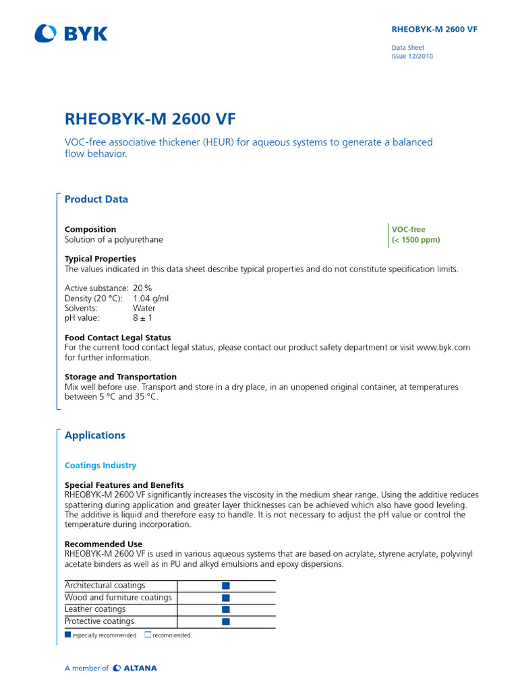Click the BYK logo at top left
pyautogui.click(x=71, y=33)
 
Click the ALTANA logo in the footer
pyautogui.click(x=135, y=668)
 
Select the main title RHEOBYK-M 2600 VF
pyautogui.click(x=150, y=119)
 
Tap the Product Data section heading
pyautogui.click(x=96, y=199)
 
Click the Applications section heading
pyautogui.click(x=94, y=435)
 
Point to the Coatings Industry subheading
pyautogui.click(x=100, y=466)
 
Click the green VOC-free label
pyautogui.click(x=408, y=230)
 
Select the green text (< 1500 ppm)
pyautogui.click(x=415, y=240)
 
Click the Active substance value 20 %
pyautogui.click(x=142, y=288)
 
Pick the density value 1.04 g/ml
pyautogui.click(x=150, y=299)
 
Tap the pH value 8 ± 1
pyautogui.click(x=144, y=318)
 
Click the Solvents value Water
pyautogui.click(x=144, y=308)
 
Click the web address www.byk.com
pyautogui.click(x=443, y=348)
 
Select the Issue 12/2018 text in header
pyautogui.click(x=412, y=57)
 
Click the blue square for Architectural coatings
pyautogui.click(x=226, y=586)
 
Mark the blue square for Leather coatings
pyautogui.click(x=226, y=610)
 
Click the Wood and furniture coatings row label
pyautogui.click(x=118, y=598)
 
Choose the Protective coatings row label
pyautogui.click(x=99, y=621)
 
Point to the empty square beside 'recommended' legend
pyautogui.click(x=148, y=635)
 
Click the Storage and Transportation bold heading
pyautogui.click(x=121, y=377)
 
